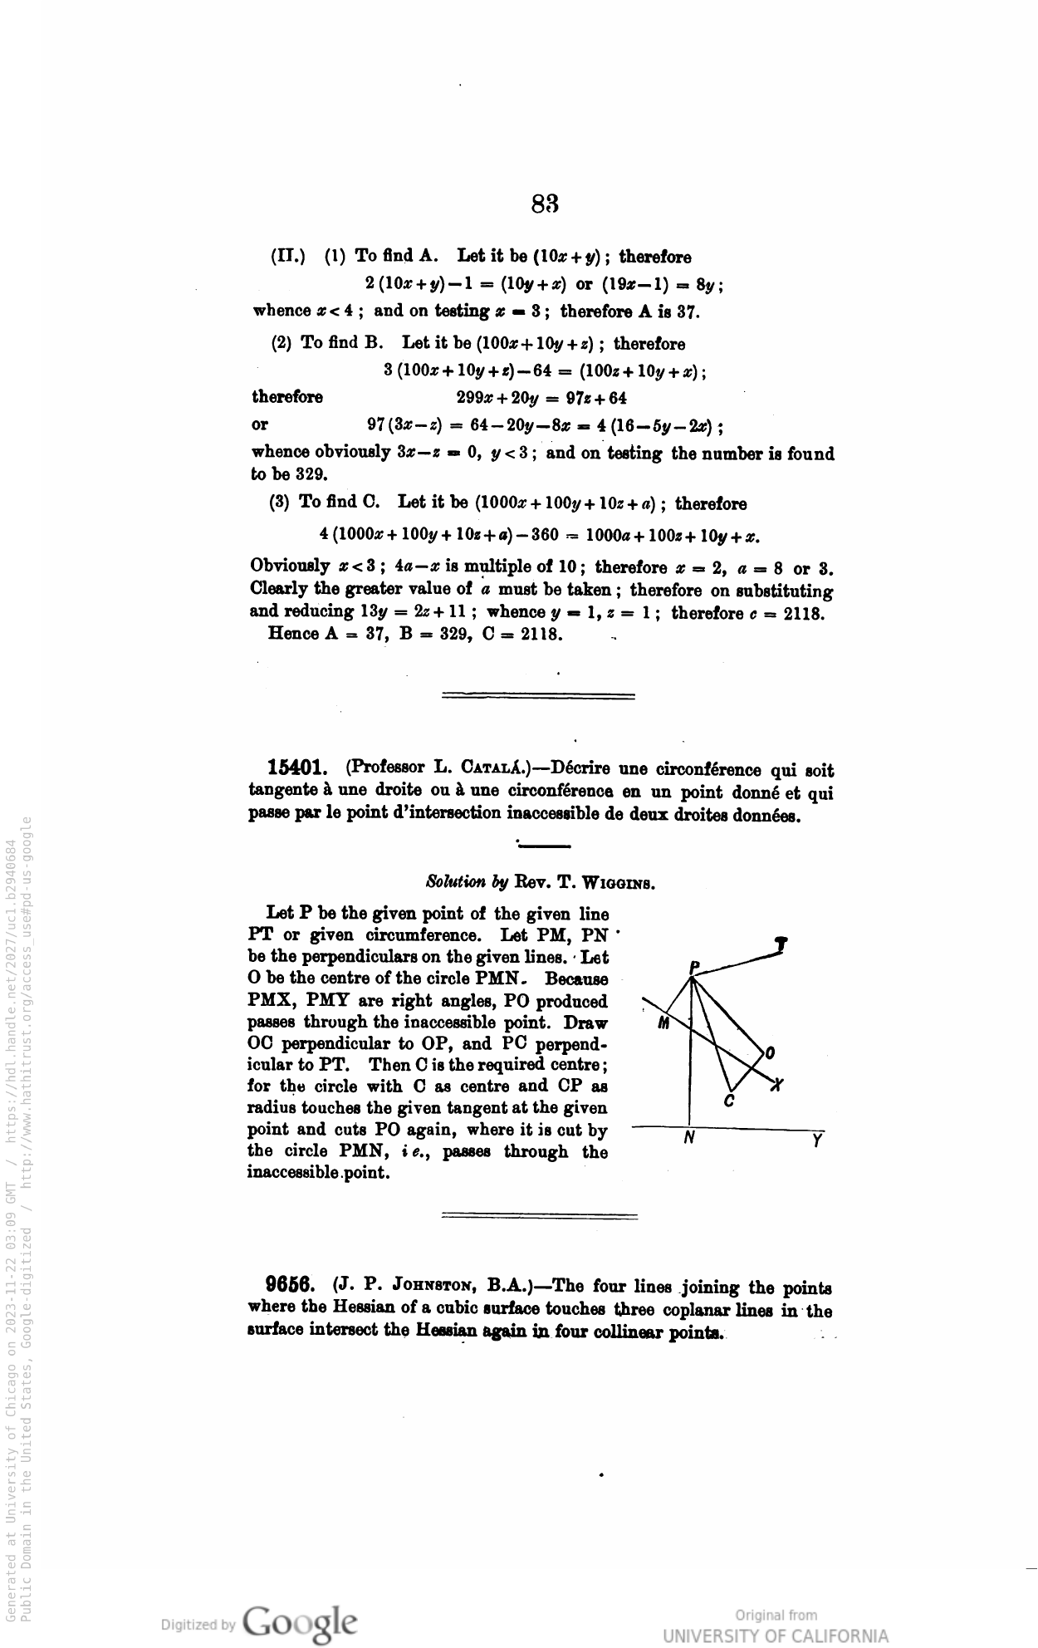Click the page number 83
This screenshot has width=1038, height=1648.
click(x=544, y=204)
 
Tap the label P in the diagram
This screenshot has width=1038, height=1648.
click(x=695, y=966)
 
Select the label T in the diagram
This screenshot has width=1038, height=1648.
click(x=780, y=944)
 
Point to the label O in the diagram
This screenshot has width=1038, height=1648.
click(x=770, y=1053)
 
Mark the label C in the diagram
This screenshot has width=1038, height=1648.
click(x=728, y=1101)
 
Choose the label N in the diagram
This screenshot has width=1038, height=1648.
click(x=688, y=1139)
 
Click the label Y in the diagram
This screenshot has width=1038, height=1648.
click(x=818, y=1141)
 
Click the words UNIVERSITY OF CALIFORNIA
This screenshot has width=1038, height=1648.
click(x=775, y=1636)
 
